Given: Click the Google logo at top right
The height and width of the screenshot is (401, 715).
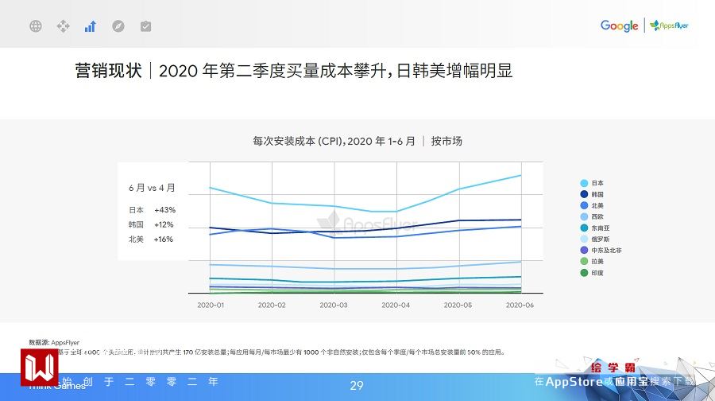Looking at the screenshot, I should (619, 26).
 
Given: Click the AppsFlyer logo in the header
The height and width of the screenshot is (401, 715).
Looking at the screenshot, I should (669, 26).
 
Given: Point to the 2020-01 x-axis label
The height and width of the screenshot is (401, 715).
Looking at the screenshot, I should (211, 305).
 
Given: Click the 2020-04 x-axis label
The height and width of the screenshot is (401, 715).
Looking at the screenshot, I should (396, 305).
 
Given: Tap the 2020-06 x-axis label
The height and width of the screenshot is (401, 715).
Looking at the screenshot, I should (519, 305).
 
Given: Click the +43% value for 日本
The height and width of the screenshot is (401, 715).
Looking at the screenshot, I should (164, 210).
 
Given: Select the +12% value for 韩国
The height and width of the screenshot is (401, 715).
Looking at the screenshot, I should (164, 224).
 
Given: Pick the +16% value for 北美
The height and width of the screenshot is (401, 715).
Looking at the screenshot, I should (164, 239).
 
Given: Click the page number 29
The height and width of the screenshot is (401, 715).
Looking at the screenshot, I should (357, 386).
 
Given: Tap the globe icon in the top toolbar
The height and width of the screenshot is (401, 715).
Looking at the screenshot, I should (36, 26).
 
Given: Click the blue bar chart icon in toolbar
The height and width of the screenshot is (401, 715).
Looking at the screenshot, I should (91, 26).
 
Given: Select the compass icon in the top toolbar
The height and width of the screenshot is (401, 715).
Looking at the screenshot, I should (118, 26).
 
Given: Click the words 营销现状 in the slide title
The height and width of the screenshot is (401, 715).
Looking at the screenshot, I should (108, 71).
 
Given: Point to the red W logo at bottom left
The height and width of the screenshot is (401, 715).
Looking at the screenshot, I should (40, 367).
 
